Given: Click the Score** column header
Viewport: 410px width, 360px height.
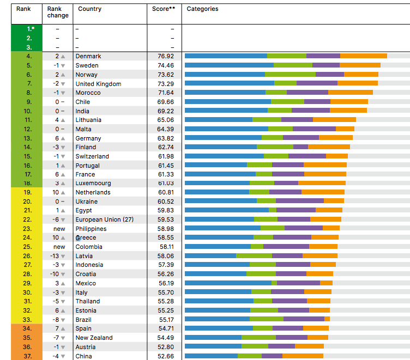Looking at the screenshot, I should (x=164, y=9).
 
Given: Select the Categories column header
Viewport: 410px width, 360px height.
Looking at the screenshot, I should (x=202, y=9).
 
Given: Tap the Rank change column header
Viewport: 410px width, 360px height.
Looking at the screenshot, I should (x=58, y=12).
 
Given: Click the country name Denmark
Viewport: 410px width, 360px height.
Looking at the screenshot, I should (x=88, y=56).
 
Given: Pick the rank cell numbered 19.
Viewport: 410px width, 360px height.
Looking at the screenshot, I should (x=28, y=192).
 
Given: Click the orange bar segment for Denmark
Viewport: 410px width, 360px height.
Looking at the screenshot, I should (x=364, y=56).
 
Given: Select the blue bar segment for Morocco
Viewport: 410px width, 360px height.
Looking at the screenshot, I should (x=225, y=93).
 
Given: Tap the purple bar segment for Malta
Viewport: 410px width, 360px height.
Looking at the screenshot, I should (x=314, y=129).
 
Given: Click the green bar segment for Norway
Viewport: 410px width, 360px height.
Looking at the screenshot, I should (x=290, y=75).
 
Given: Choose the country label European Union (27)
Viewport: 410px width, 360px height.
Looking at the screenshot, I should (x=105, y=219).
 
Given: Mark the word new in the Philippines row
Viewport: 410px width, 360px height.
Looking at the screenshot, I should (x=59, y=229).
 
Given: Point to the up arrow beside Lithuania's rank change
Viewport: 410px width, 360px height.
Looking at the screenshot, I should (x=63, y=120).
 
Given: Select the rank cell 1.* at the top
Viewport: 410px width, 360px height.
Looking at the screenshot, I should (x=29, y=28).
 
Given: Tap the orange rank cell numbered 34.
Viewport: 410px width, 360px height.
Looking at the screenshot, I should (x=28, y=328).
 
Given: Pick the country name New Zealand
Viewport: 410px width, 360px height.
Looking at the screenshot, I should (x=94, y=338).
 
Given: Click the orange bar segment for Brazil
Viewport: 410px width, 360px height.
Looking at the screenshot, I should (x=327, y=320).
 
